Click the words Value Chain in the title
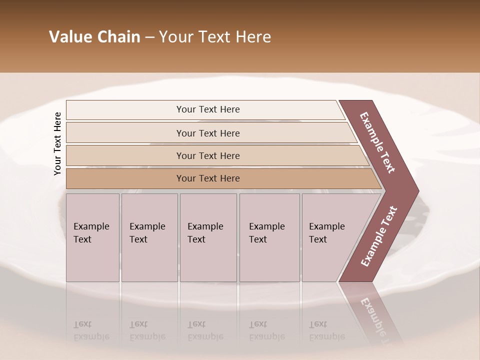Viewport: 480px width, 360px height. click(x=94, y=37)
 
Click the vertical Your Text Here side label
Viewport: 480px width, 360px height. click(x=57, y=143)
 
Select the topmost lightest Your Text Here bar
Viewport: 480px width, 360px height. click(x=207, y=109)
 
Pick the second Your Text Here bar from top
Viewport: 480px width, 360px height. click(x=207, y=133)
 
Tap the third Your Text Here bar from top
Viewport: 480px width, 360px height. click(x=207, y=155)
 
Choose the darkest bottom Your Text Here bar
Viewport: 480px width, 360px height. click(x=207, y=178)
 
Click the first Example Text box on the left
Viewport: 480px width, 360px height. click(x=92, y=237)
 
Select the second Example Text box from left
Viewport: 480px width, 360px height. click(x=149, y=237)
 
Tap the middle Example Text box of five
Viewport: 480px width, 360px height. click(x=208, y=237)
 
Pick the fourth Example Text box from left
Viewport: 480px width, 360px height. click(x=269, y=237)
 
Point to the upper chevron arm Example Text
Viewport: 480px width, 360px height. click(x=378, y=142)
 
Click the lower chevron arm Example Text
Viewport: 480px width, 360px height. click(x=379, y=236)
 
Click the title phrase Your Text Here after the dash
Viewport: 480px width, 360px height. click(x=215, y=37)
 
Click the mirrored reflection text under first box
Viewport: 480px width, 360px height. click(x=91, y=330)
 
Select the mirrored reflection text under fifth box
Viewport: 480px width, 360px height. click(x=327, y=330)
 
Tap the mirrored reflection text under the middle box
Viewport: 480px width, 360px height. click(x=205, y=330)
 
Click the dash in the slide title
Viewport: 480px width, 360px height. click(x=149, y=37)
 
